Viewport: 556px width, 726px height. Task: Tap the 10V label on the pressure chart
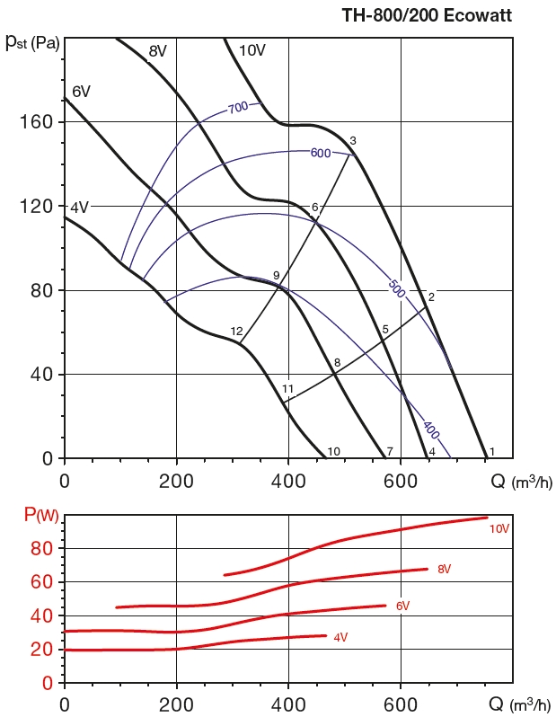pyautogui.click(x=252, y=50)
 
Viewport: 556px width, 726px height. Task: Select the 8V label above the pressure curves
pyautogui.click(x=158, y=51)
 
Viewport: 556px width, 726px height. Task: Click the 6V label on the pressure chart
pyautogui.click(x=81, y=92)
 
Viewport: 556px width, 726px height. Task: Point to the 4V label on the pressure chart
pyautogui.click(x=80, y=208)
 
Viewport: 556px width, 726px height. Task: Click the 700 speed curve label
pyautogui.click(x=238, y=108)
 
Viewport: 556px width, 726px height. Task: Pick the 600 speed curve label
pyautogui.click(x=321, y=153)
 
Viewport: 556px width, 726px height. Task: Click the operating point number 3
pyautogui.click(x=353, y=141)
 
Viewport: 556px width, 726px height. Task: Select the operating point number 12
pyautogui.click(x=236, y=332)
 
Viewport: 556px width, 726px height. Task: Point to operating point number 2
pyautogui.click(x=431, y=297)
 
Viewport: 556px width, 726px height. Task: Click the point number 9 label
pyautogui.click(x=277, y=275)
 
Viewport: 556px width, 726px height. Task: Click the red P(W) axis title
pyautogui.click(x=41, y=516)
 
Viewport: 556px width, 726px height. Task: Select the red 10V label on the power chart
pyautogui.click(x=499, y=529)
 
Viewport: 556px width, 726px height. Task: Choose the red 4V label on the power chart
pyautogui.click(x=340, y=637)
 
